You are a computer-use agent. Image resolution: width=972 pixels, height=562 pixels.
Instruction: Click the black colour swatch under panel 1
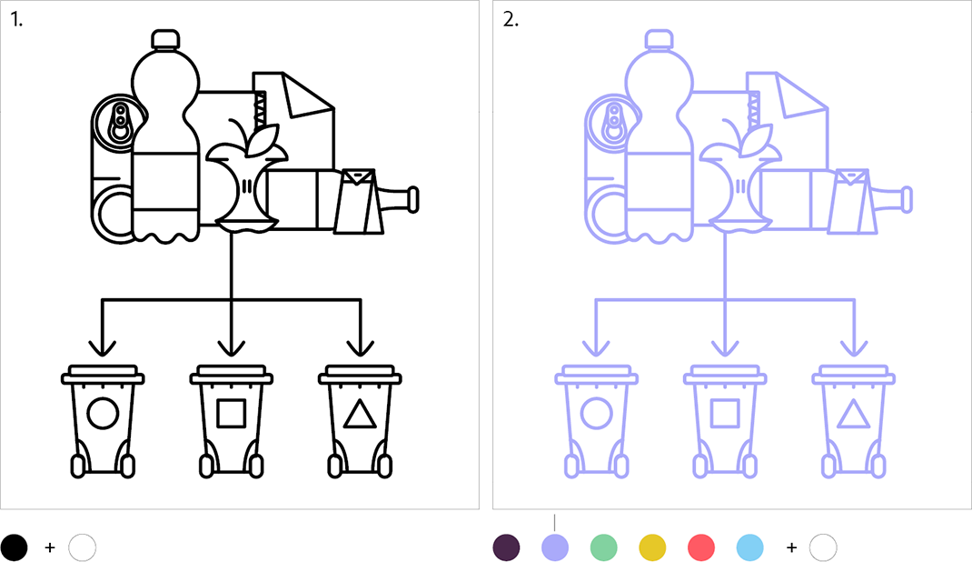[14, 547]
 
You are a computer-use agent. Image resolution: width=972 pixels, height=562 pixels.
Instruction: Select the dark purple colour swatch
[507, 547]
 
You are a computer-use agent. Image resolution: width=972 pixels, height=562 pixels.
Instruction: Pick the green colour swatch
[604, 547]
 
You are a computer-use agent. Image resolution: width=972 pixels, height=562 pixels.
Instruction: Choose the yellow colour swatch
[653, 547]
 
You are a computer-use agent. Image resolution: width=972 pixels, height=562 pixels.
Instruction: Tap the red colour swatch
[701, 547]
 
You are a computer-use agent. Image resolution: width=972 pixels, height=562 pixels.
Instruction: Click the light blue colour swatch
[750, 547]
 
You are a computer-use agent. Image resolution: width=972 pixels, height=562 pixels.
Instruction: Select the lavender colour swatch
[555, 547]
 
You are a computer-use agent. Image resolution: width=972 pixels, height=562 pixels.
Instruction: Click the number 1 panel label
[16, 20]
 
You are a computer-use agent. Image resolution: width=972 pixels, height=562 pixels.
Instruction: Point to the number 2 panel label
[511, 20]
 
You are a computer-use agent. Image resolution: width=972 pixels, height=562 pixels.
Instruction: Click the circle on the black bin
[103, 413]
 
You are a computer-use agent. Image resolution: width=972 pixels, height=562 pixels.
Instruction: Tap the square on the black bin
[232, 413]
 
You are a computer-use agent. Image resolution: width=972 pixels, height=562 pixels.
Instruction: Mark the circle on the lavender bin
[596, 413]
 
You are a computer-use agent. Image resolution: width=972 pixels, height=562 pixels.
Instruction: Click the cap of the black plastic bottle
[165, 38]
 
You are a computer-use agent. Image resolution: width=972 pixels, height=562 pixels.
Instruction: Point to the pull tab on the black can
[119, 122]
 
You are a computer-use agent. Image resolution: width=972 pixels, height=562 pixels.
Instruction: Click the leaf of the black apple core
[263, 140]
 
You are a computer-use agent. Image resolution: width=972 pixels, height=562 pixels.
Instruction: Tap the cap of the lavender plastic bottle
[659, 38]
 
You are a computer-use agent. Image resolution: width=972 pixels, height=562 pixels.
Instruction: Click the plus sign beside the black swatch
[50, 547]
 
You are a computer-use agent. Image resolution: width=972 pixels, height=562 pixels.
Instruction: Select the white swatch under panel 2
[823, 547]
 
